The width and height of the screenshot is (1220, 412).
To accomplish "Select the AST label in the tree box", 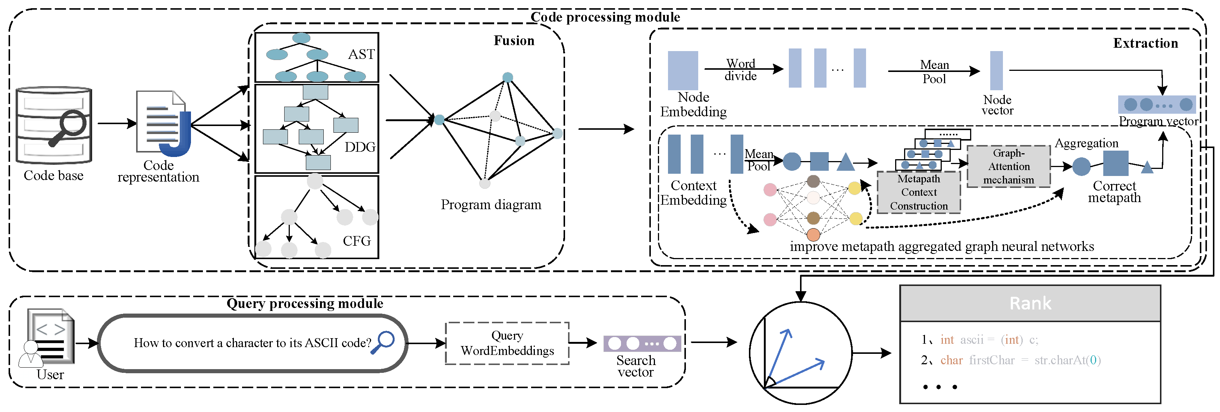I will (361, 54).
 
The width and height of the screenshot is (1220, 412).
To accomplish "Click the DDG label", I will (360, 147).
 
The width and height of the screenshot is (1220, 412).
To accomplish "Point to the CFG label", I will (357, 241).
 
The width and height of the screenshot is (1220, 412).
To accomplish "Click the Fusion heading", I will (514, 41).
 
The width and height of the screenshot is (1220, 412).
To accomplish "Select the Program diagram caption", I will (491, 205).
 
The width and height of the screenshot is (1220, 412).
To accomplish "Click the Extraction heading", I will (1145, 43).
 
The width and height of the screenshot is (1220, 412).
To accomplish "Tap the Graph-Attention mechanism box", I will (1008, 166).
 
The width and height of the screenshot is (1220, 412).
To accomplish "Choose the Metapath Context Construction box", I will (918, 192).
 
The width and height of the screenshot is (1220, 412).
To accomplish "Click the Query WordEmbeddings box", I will (507, 343).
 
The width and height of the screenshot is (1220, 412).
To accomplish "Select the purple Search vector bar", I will (642, 343).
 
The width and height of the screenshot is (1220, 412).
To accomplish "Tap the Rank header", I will (1030, 303).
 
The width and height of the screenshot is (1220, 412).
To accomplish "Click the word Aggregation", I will (1086, 143).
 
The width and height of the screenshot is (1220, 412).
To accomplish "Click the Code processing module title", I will (605, 17).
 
